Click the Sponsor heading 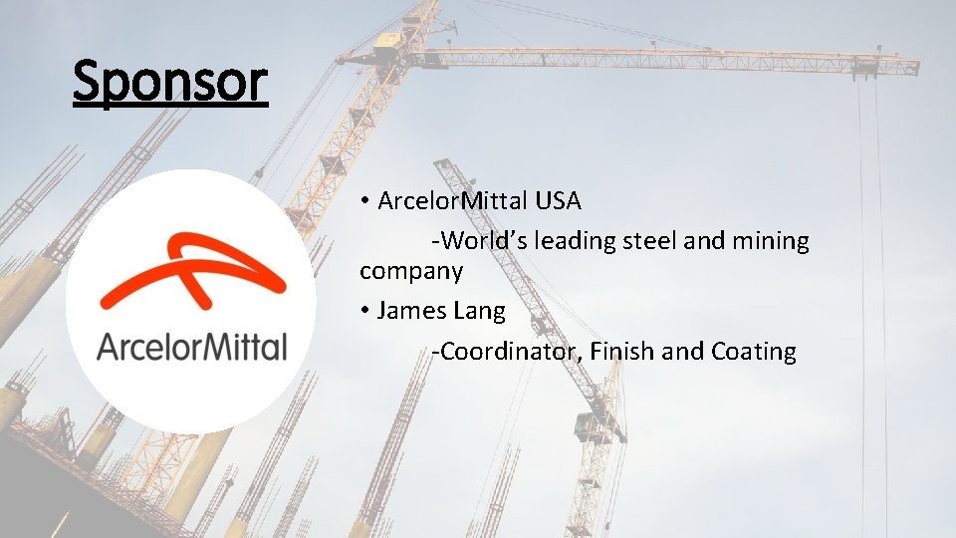pos(170,81)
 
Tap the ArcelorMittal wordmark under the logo pos(192,348)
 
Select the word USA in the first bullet pos(558,201)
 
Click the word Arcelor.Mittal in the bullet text pos(452,201)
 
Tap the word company pos(410,270)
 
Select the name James pos(411,311)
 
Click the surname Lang pos(479,311)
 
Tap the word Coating pos(754,351)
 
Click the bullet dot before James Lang pos(366,311)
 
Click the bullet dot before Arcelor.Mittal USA pos(366,201)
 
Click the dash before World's pos(434,242)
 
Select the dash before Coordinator pos(434,352)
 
